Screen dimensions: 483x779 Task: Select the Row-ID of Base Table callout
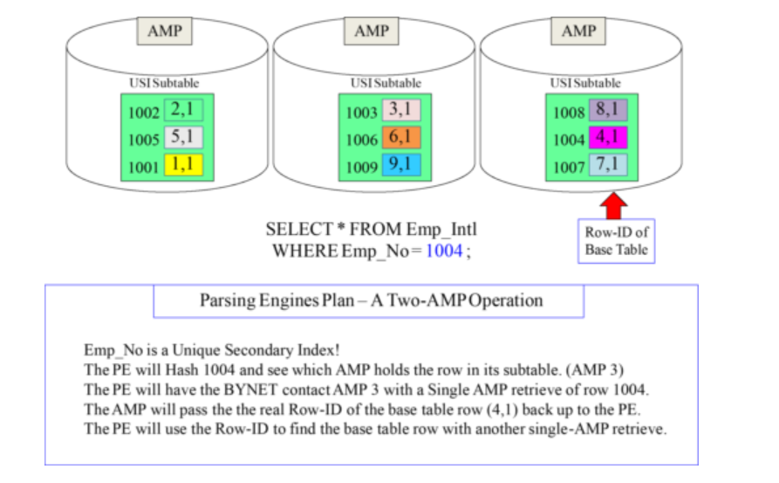point(616,240)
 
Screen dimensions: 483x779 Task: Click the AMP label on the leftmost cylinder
point(165,31)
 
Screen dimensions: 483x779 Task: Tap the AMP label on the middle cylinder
point(372,31)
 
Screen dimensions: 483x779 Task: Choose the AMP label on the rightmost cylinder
point(579,31)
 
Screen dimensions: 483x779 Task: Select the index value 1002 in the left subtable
point(144,113)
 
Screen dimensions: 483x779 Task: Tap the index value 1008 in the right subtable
point(570,113)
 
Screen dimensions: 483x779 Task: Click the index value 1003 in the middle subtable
point(362,113)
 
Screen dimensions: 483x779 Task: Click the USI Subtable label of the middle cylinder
point(386,83)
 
